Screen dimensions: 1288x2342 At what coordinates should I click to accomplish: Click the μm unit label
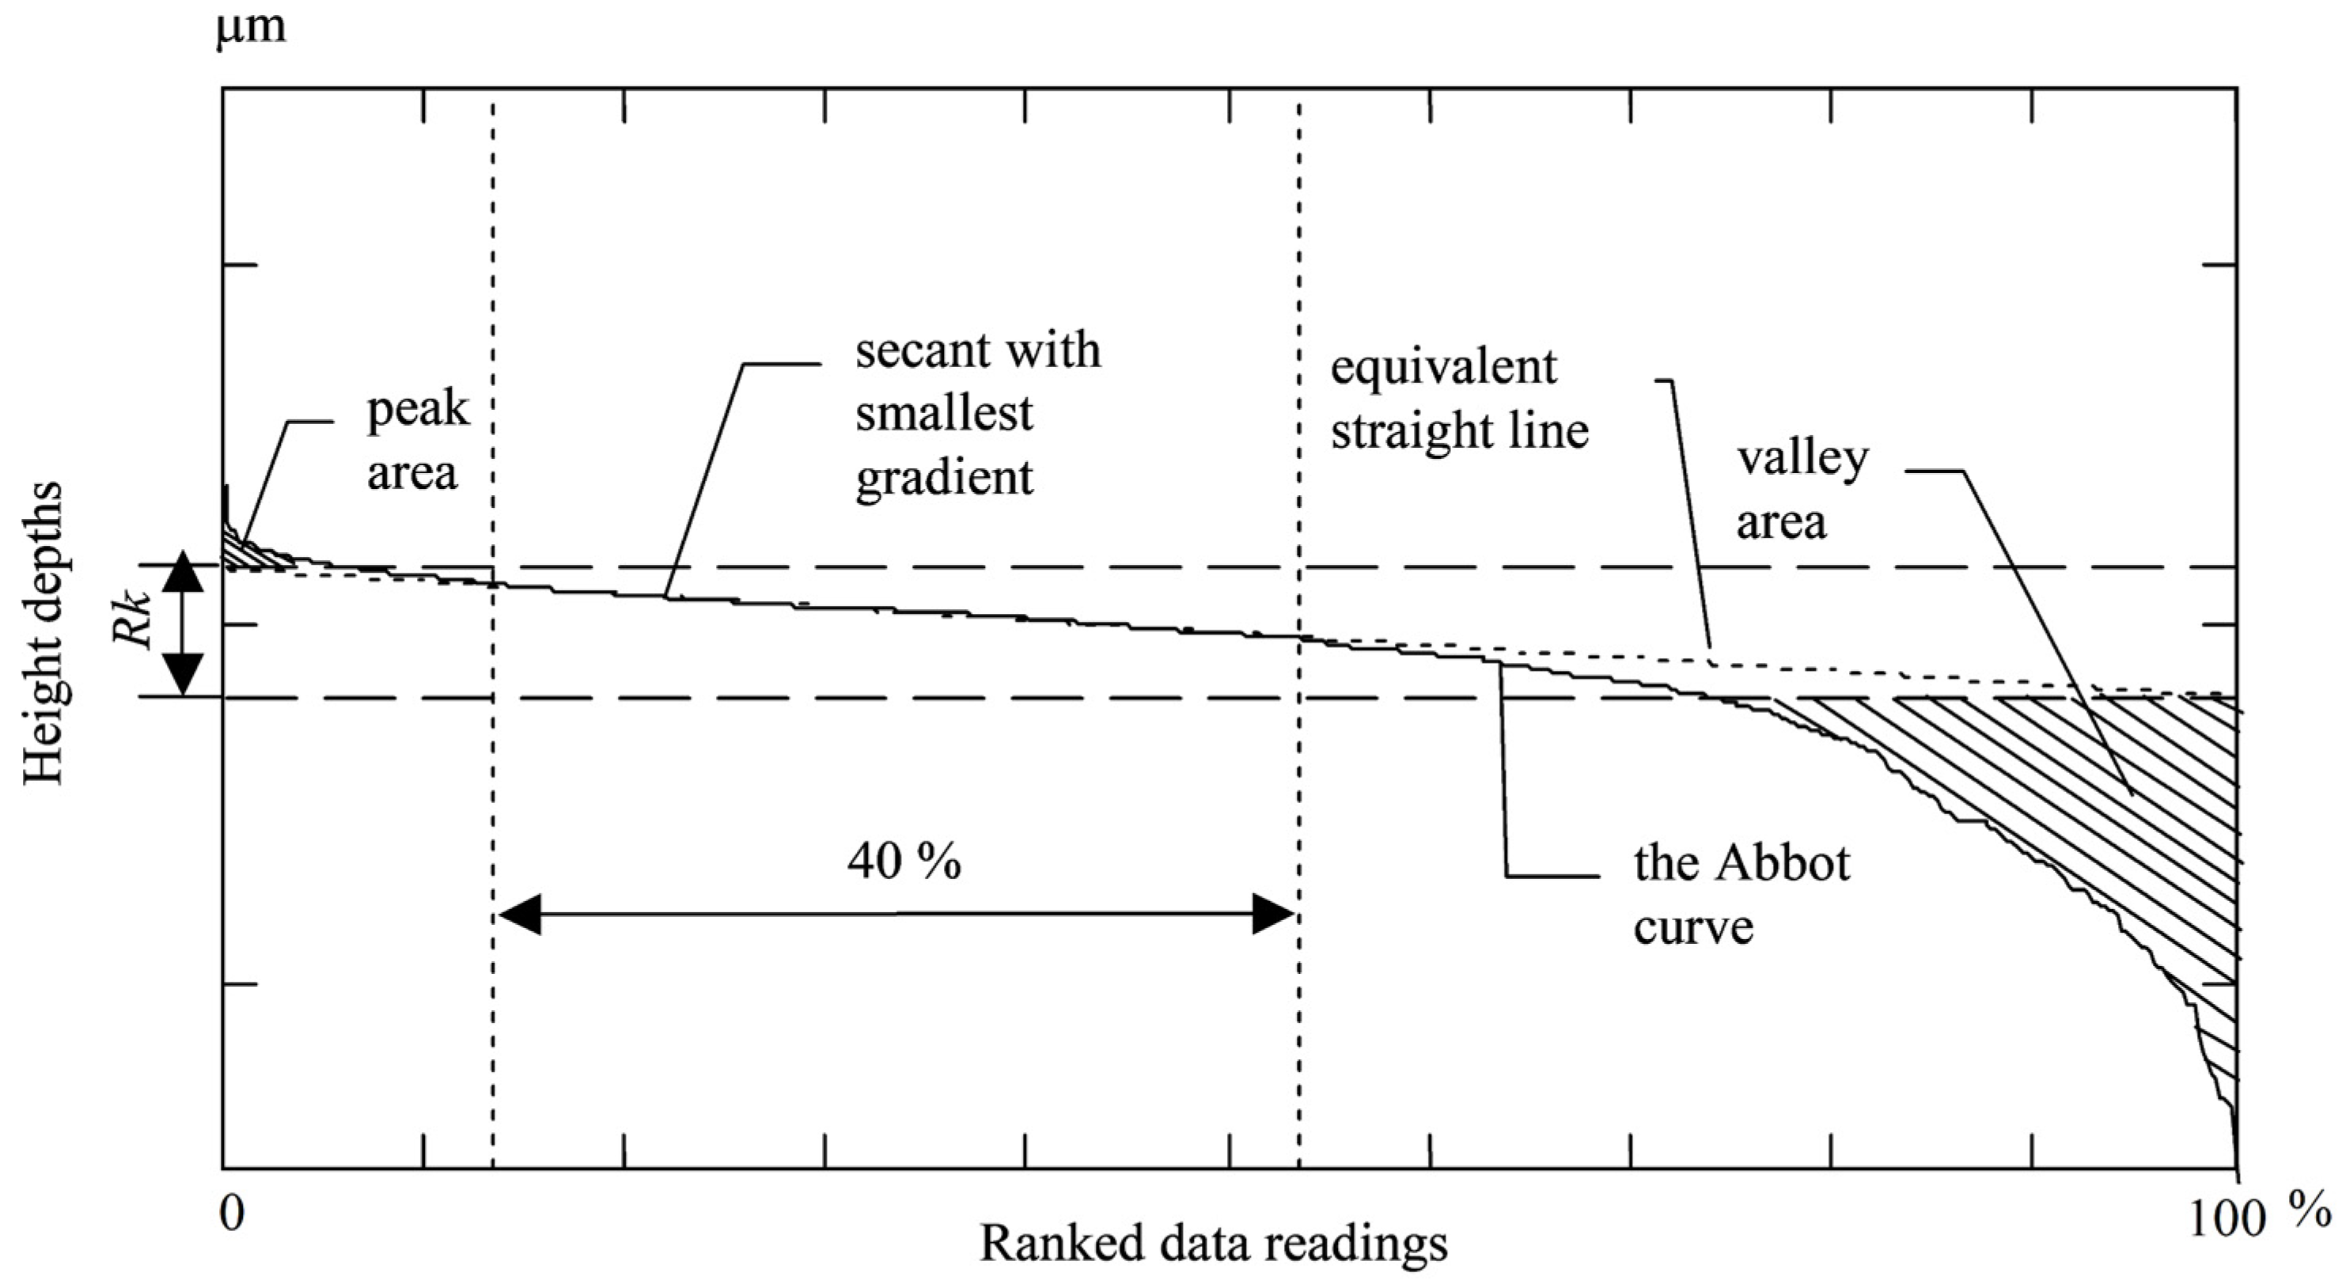(250, 27)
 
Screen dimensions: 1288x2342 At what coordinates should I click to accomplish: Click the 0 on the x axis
(232, 1213)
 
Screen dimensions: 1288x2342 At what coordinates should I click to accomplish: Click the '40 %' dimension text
(904, 860)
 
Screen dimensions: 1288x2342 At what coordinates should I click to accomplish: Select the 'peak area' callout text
(416, 441)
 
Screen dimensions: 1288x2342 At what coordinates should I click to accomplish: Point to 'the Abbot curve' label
(1741, 895)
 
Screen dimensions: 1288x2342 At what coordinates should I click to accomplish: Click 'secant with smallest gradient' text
(977, 414)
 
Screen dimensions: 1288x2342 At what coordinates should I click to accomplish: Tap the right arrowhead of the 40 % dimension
(1273, 914)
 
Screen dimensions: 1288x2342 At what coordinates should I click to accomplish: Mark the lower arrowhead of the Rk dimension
(184, 677)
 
